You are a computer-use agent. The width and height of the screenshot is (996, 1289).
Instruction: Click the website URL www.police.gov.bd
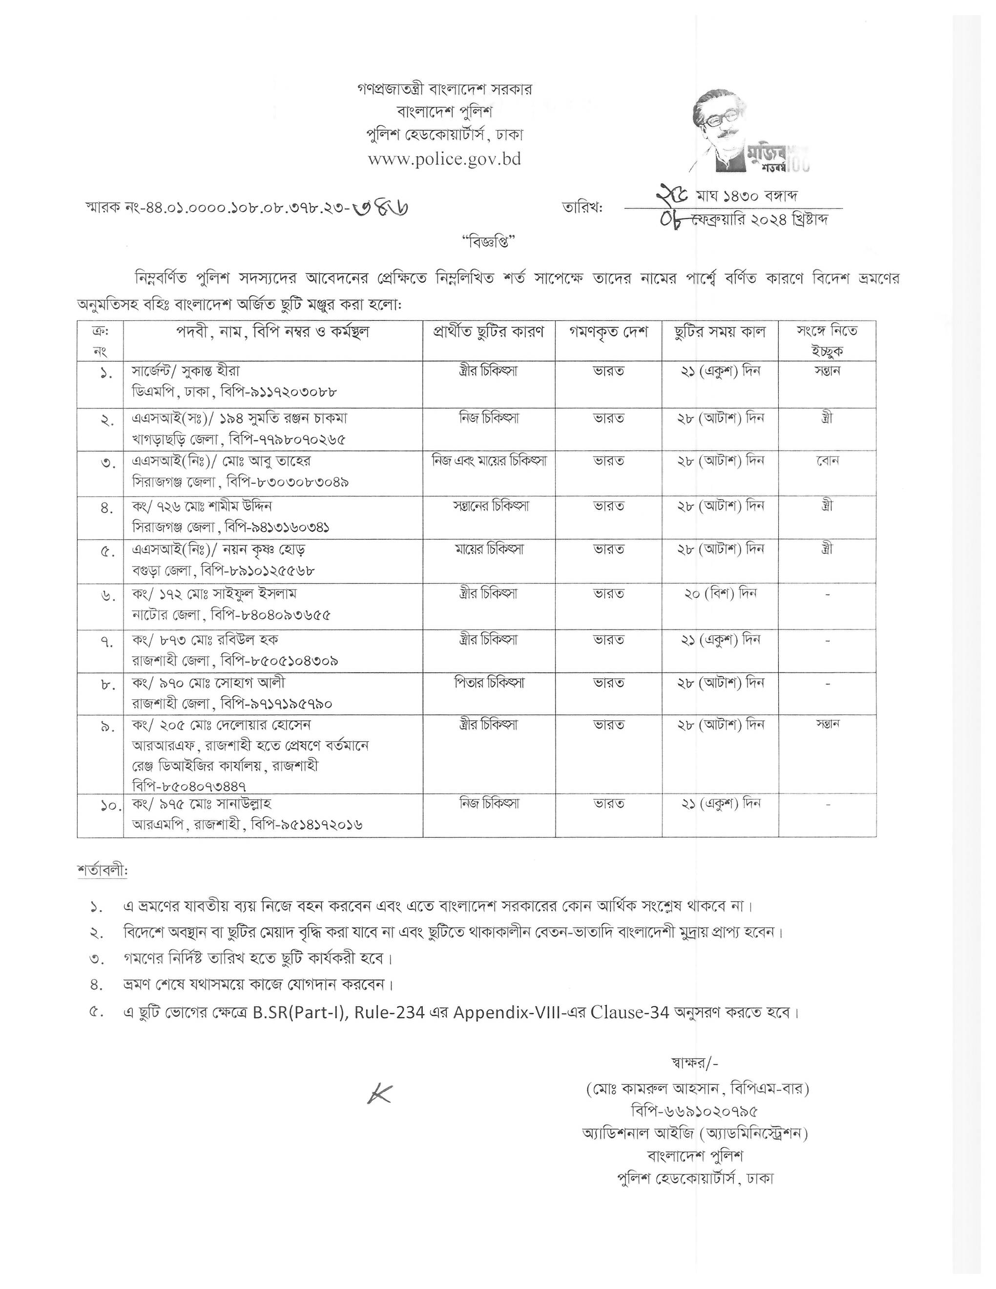pyautogui.click(x=444, y=159)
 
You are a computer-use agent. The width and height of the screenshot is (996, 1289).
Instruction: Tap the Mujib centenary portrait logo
pyautogui.click(x=750, y=133)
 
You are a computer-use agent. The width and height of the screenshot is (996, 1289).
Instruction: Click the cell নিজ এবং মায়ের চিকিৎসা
pyautogui.click(x=489, y=460)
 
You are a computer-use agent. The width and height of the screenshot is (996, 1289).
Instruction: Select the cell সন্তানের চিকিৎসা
pyautogui.click(x=489, y=506)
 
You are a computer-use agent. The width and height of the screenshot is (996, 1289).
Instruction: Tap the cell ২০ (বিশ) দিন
pyautogui.click(x=720, y=593)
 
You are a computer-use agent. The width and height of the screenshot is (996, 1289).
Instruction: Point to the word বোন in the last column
pyautogui.click(x=827, y=460)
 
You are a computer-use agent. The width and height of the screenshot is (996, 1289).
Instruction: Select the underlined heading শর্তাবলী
pyautogui.click(x=102, y=871)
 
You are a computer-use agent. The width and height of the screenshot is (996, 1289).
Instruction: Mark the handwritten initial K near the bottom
pyautogui.click(x=379, y=1094)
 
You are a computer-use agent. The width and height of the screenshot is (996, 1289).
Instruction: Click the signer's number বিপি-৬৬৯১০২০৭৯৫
pyautogui.click(x=694, y=1111)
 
